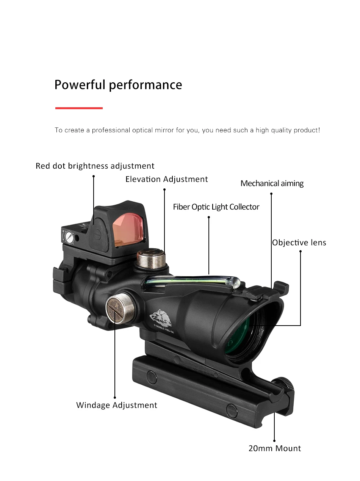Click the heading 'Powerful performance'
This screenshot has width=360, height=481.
(118, 85)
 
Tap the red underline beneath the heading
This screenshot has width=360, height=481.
(79, 108)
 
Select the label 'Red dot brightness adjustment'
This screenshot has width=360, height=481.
(95, 166)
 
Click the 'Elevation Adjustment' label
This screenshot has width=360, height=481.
(166, 179)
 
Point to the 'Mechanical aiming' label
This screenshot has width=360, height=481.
(272, 183)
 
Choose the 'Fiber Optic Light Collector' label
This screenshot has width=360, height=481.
(216, 207)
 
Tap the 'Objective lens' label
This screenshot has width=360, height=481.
(299, 243)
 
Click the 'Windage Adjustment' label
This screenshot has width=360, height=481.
(116, 405)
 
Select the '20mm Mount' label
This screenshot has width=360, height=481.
(274, 448)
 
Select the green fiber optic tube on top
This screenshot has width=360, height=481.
(189, 280)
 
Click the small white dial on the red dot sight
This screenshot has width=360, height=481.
(69, 237)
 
